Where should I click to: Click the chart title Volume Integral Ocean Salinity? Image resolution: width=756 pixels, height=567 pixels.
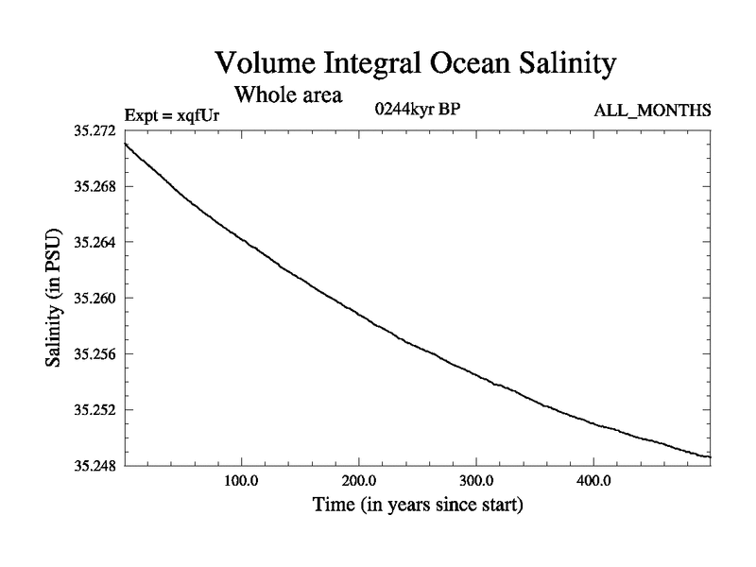tap(416, 63)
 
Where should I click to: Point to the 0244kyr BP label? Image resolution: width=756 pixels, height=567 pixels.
tap(417, 109)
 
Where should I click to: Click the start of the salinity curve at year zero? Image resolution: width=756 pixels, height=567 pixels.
tap(125, 143)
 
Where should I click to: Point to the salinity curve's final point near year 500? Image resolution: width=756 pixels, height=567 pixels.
tap(709, 457)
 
